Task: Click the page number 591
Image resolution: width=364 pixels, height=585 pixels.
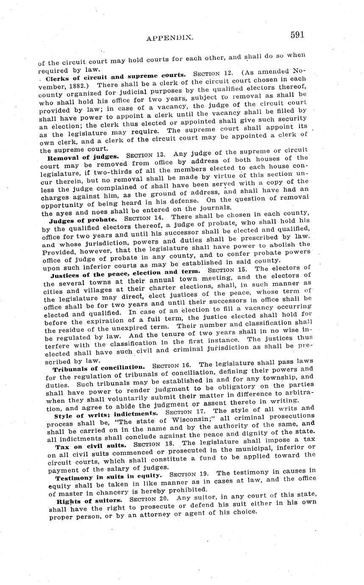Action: click(297, 35)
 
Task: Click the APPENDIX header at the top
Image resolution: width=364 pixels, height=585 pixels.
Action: click(170, 38)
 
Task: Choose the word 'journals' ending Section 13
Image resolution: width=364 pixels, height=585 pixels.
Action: click(215, 208)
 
